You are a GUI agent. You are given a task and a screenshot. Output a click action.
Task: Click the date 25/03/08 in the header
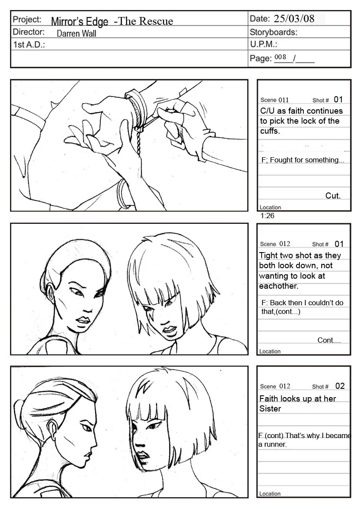(294, 18)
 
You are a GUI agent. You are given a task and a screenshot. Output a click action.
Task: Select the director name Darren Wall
(76, 34)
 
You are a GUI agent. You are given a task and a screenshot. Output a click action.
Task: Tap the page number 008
(280, 57)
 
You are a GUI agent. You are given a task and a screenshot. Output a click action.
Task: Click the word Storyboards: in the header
(273, 32)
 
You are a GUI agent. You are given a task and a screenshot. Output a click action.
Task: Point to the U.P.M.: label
(263, 44)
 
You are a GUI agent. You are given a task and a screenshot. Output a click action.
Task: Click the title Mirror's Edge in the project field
(80, 21)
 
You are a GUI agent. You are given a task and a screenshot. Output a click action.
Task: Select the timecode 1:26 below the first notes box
(267, 216)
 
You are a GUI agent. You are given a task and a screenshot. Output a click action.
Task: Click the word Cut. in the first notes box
(333, 196)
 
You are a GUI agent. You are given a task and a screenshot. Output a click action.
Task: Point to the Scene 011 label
(274, 100)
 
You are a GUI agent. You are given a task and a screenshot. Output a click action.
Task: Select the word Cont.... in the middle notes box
(329, 340)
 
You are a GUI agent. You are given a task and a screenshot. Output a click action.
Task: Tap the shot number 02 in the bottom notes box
(340, 386)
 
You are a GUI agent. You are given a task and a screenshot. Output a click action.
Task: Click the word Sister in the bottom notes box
(270, 409)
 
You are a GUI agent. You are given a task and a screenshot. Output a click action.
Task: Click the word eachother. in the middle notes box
(279, 286)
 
